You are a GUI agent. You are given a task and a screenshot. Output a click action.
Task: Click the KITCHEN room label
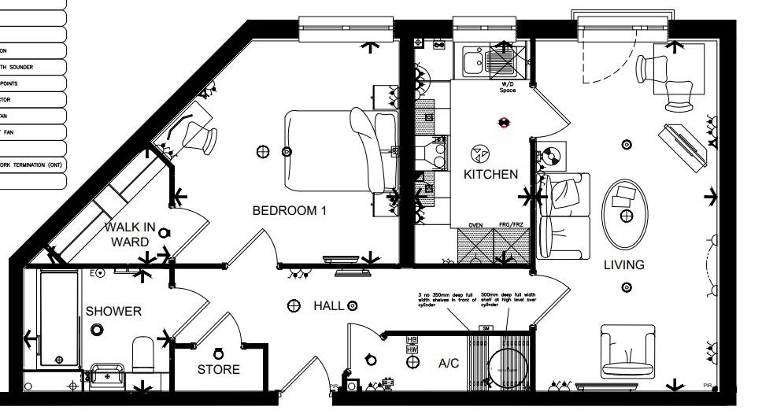pyautogui.click(x=490, y=174)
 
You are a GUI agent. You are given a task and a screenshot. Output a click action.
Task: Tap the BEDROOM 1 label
pyautogui.click(x=289, y=211)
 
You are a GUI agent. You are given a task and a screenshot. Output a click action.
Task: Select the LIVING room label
pyautogui.click(x=623, y=265)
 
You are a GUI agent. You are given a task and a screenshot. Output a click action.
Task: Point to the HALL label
pyautogui.click(x=327, y=305)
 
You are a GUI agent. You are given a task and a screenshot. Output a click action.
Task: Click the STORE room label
pyautogui.click(x=218, y=369)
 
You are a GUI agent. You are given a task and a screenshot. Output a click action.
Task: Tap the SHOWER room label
pyautogui.click(x=113, y=312)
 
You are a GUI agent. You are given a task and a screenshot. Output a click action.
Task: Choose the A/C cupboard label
pyautogui.click(x=449, y=364)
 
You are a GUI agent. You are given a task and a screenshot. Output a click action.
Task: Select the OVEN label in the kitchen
pyautogui.click(x=475, y=225)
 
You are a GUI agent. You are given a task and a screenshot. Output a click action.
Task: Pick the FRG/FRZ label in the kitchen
pyautogui.click(x=511, y=225)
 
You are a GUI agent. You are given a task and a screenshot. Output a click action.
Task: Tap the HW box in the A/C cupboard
pyautogui.click(x=412, y=349)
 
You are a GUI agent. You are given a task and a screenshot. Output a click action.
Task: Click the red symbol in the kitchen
pyautogui.click(x=504, y=122)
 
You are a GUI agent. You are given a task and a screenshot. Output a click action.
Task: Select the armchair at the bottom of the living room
pyautogui.click(x=627, y=350)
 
